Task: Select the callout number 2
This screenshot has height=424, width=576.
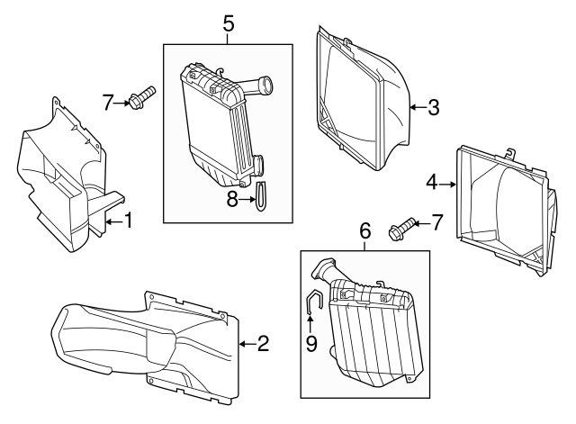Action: (262, 342)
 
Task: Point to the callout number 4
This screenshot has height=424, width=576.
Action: (432, 183)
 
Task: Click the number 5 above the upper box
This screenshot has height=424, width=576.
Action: (229, 23)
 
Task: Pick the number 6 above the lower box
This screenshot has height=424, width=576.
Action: (364, 230)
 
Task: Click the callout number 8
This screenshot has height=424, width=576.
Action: (231, 200)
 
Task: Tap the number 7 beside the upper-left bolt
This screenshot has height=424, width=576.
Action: (108, 104)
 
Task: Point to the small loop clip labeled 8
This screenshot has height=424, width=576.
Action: (261, 196)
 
